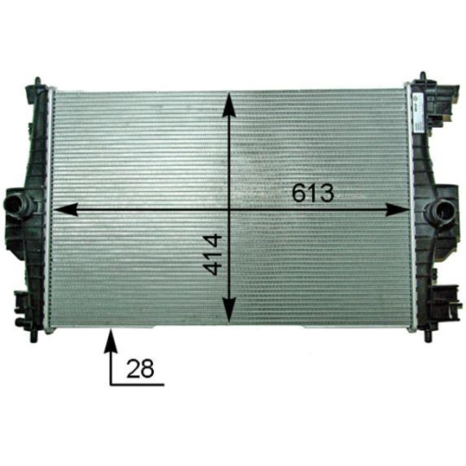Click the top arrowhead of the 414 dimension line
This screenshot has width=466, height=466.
click(x=227, y=100)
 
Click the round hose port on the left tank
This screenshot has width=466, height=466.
click(x=16, y=203)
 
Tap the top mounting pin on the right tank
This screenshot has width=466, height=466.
click(x=423, y=77)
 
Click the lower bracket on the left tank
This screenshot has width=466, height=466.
click(x=22, y=304)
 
